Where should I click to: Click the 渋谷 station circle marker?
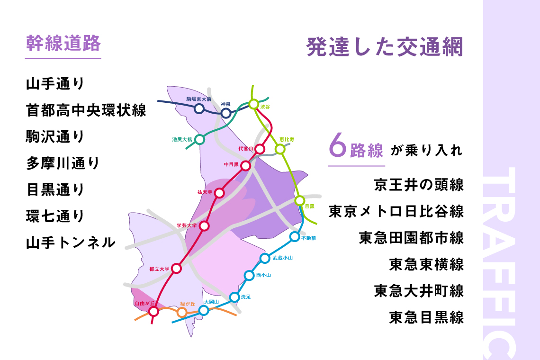253,104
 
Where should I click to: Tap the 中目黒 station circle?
245,165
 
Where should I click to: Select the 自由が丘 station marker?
153,311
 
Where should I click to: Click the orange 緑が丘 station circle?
181,312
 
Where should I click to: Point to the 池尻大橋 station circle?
200,139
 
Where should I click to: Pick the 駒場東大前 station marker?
199,108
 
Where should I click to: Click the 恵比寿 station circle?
280,149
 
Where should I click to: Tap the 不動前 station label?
308,238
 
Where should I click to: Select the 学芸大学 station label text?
186,225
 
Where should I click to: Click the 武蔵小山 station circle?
265,258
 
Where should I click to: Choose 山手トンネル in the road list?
71,243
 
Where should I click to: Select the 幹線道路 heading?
63,44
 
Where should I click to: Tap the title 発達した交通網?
384,47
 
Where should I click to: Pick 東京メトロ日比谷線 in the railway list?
396,211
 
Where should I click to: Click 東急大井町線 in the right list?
419,290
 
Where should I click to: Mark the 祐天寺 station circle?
219,193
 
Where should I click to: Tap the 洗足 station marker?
234,297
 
